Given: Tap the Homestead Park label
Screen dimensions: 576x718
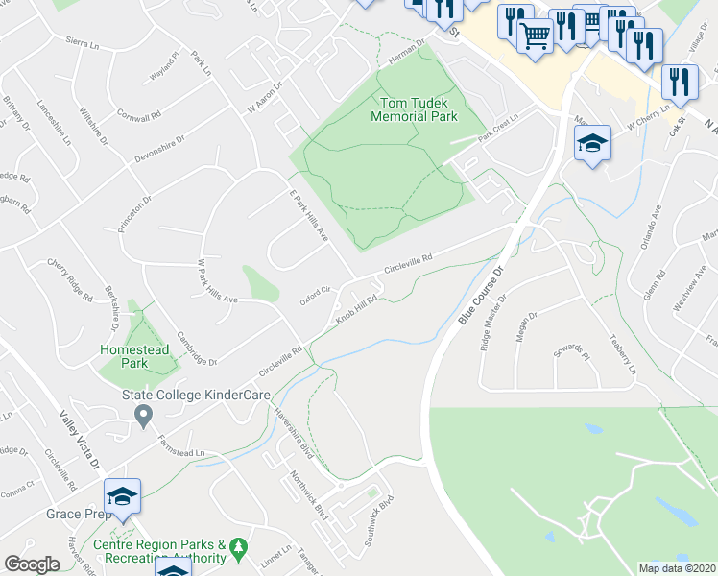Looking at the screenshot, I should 135,357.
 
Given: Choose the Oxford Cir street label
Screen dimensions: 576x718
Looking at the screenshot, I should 314,295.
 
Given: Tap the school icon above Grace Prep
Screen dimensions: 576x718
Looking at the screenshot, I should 122,495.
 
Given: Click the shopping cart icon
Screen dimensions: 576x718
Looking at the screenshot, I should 536,36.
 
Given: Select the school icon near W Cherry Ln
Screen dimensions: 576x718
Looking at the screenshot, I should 592,145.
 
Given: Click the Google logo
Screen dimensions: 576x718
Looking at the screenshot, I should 32,564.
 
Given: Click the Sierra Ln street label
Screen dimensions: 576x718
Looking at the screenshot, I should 83,43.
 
